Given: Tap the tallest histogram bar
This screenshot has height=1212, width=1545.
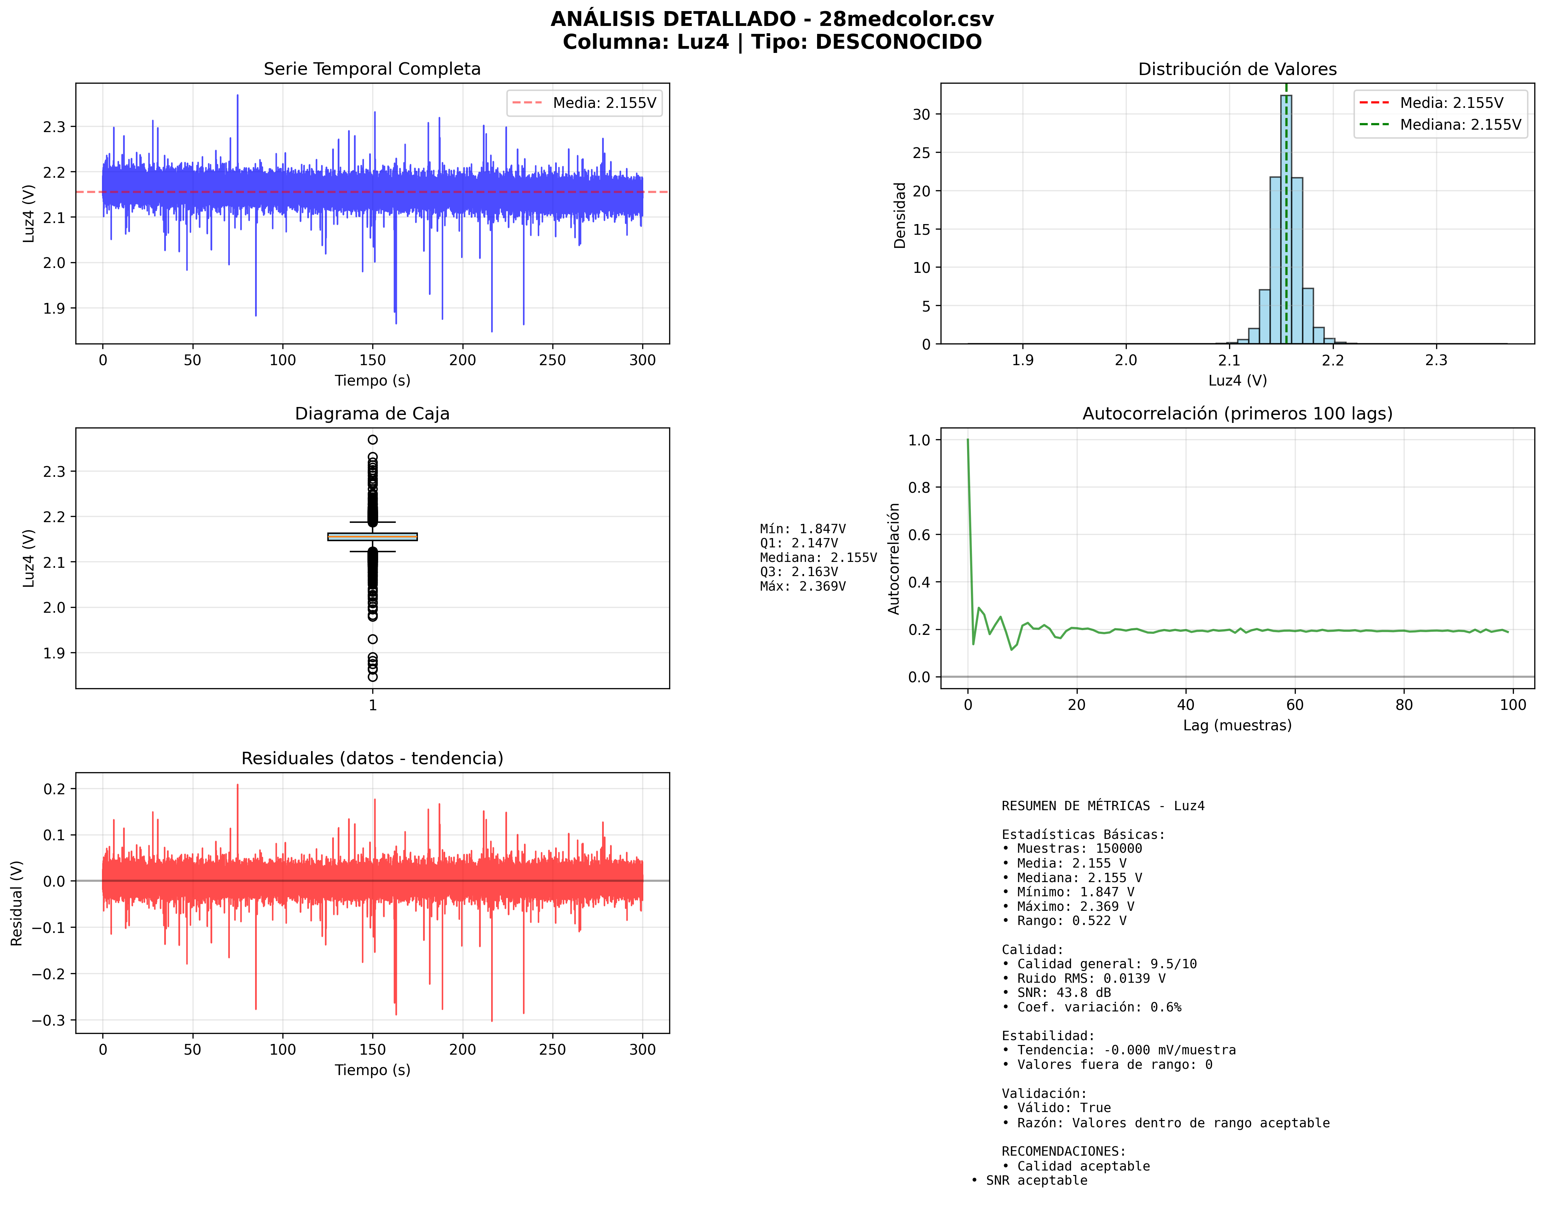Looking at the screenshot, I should (x=1285, y=213).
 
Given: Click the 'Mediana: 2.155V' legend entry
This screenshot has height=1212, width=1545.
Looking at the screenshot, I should (x=1460, y=125).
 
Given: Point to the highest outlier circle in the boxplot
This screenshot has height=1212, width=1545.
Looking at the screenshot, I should (x=372, y=439).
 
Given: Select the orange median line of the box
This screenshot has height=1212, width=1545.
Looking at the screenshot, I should (x=372, y=536).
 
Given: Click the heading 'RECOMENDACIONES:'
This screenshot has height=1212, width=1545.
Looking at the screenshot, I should (x=1063, y=1150).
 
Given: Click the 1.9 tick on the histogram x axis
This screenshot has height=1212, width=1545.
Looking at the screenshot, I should (x=1022, y=360).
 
